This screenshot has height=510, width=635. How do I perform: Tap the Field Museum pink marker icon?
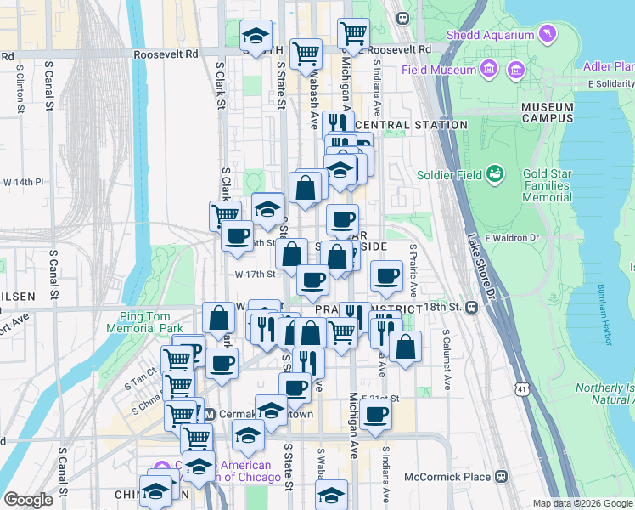[x=488, y=68]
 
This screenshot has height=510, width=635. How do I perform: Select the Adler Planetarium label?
[x=608, y=66]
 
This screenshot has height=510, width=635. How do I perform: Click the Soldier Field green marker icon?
[x=495, y=175]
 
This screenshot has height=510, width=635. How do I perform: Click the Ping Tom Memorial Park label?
[x=145, y=322]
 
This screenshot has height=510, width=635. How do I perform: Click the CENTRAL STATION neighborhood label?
[x=411, y=125]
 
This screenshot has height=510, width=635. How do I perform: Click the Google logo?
[x=28, y=500]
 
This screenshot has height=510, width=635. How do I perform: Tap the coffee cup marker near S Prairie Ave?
[x=387, y=275]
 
